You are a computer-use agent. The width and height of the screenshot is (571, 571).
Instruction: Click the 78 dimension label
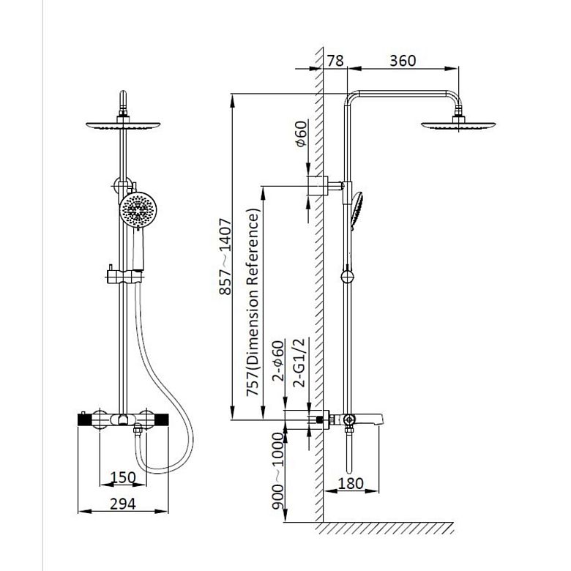point(335,61)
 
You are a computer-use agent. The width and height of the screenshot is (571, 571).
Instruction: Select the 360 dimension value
point(403,61)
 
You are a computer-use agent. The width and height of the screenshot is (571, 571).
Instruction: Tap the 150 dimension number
point(123,477)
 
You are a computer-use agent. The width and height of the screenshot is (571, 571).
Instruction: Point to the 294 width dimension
point(123,504)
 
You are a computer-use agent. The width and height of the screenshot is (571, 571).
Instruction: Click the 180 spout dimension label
point(351,484)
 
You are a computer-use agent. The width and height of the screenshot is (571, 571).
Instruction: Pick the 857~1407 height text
point(225,256)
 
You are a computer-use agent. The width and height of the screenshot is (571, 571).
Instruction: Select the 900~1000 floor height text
point(278,471)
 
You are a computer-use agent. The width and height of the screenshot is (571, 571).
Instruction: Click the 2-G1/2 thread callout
point(299,363)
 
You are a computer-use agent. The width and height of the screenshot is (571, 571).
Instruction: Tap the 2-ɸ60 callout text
point(278,360)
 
